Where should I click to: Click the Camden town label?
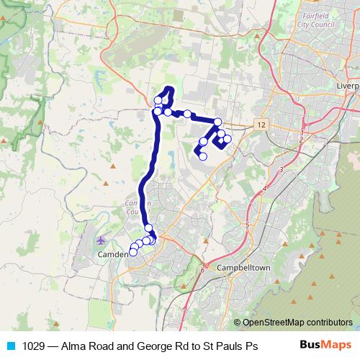112,254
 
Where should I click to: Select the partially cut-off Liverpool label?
347,85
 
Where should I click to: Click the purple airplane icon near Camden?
99,240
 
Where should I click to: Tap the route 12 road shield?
260,125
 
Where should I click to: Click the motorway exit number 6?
203,270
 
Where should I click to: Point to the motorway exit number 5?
246,225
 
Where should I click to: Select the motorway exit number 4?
264,188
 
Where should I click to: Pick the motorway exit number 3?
281,168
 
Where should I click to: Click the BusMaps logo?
325,345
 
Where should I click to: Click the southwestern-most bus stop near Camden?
132,252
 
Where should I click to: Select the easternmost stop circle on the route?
228,138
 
